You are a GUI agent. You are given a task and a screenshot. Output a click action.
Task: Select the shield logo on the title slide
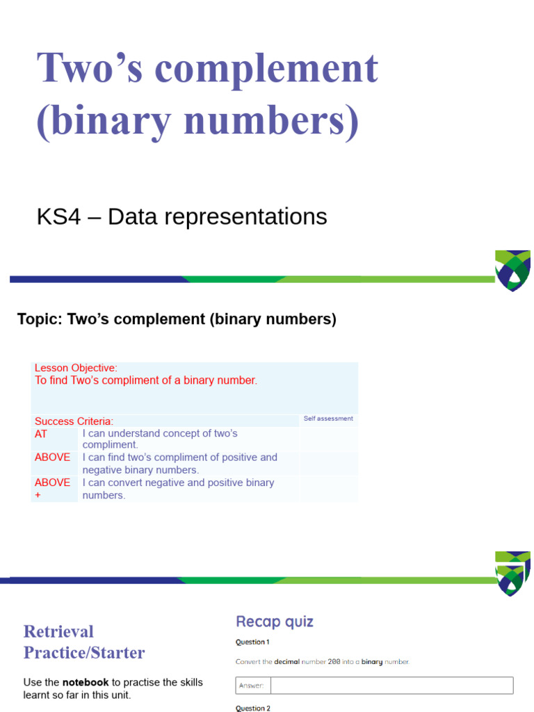pyautogui.click(x=513, y=270)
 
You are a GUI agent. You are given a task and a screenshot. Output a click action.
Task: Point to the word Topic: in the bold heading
pyautogui.click(x=39, y=320)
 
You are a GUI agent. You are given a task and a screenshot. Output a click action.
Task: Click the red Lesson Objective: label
pyautogui.click(x=76, y=368)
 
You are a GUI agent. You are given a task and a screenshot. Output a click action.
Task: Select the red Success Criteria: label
pyautogui.click(x=74, y=421)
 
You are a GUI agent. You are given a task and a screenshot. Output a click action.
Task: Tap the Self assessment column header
pyautogui.click(x=328, y=419)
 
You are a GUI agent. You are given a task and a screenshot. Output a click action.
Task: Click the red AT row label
pyautogui.click(x=41, y=433)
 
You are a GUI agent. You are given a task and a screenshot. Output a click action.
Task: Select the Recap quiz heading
pyautogui.click(x=275, y=622)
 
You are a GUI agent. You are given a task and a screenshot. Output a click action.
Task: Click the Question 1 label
pyautogui.click(x=252, y=642)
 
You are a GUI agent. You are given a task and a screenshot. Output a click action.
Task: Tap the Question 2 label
pyautogui.click(x=252, y=708)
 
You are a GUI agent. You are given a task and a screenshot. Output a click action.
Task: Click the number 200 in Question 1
pyautogui.click(x=334, y=662)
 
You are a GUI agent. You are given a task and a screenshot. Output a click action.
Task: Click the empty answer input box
pyautogui.click(x=391, y=686)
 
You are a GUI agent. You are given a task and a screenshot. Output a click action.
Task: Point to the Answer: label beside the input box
pyautogui.click(x=252, y=686)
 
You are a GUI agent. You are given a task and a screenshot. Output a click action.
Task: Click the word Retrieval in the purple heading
pyautogui.click(x=58, y=631)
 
